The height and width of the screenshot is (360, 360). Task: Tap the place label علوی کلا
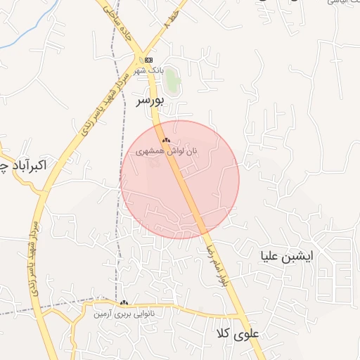pyautogui.click(x=240, y=335)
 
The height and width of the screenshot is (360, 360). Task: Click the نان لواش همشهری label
pyautogui.click(x=167, y=151)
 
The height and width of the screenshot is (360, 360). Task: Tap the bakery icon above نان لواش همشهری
pyautogui.click(x=167, y=141)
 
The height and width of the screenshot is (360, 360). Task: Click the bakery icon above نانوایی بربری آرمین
pyautogui.click(x=124, y=302)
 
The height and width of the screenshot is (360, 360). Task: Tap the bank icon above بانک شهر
pyautogui.click(x=148, y=60)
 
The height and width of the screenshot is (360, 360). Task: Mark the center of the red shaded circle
pyautogui.click(x=180, y=179)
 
